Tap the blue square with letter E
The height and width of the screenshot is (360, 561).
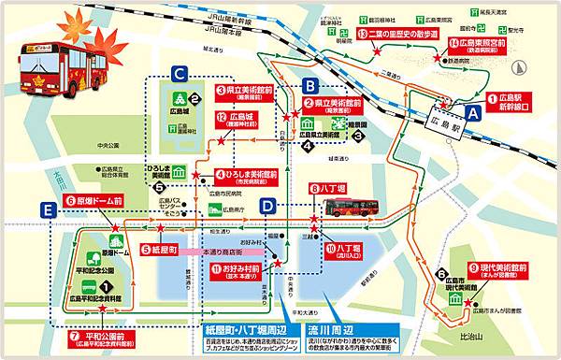point(46,211)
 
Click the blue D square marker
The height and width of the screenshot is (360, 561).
point(267,206)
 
